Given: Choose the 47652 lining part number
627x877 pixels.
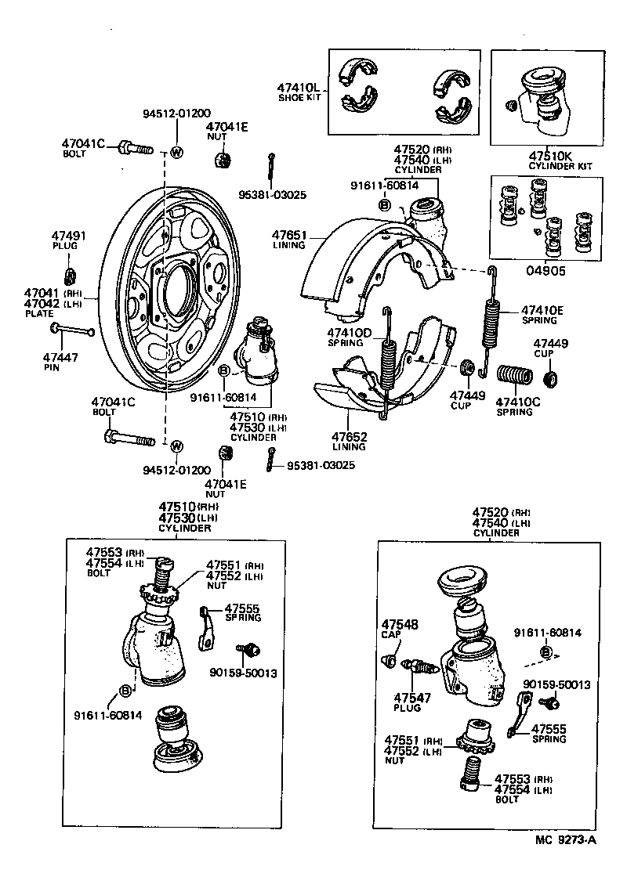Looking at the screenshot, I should pos(348,436).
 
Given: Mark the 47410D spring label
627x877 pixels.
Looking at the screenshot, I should pos(350,333).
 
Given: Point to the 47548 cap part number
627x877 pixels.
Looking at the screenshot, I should pos(400,624).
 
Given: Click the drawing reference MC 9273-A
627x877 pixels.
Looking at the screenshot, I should pos(567,862).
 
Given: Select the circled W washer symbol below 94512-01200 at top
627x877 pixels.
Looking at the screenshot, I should pos(176,152).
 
